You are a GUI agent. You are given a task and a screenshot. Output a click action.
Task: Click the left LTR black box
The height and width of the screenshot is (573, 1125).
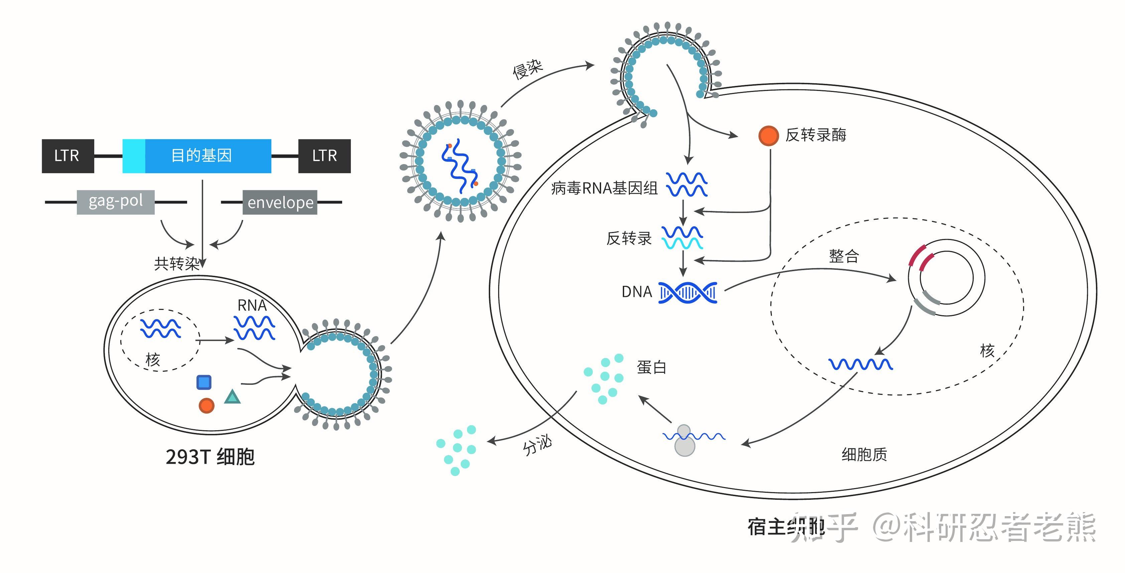tap(68, 156)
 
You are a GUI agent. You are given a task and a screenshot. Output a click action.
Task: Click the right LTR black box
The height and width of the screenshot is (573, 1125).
tap(324, 156)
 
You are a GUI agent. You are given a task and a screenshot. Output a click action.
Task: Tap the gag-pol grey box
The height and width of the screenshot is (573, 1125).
tap(115, 202)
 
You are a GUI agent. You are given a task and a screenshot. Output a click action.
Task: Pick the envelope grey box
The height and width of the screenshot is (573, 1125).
tap(280, 202)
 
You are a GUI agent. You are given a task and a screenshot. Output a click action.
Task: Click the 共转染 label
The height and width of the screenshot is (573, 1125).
tap(176, 263)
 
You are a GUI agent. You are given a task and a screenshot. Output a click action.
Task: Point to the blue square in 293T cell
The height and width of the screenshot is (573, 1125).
tap(204, 382)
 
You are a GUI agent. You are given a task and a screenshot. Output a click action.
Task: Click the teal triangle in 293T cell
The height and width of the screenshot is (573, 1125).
tap(232, 397)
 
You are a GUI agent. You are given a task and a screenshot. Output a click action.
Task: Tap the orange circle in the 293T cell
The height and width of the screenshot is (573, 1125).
tap(206, 406)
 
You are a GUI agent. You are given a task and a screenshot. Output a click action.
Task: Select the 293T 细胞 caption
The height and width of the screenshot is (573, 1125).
tap(210, 457)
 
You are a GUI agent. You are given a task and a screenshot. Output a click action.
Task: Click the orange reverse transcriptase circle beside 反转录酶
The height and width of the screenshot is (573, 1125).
tap(768, 135)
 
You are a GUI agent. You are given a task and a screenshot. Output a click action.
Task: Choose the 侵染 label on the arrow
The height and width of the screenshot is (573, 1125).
tap(527, 69)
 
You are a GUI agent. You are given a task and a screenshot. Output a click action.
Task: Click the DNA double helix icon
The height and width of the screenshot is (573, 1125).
tap(687, 293)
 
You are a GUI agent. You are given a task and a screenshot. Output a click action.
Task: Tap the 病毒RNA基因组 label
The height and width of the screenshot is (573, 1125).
tap(604, 188)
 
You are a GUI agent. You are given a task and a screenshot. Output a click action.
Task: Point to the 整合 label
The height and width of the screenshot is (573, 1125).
tap(843, 256)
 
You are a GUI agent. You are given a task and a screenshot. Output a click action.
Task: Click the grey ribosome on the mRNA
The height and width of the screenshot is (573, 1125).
tap(684, 441)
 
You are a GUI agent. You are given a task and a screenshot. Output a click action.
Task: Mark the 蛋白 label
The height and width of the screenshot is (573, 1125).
tap(651, 367)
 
